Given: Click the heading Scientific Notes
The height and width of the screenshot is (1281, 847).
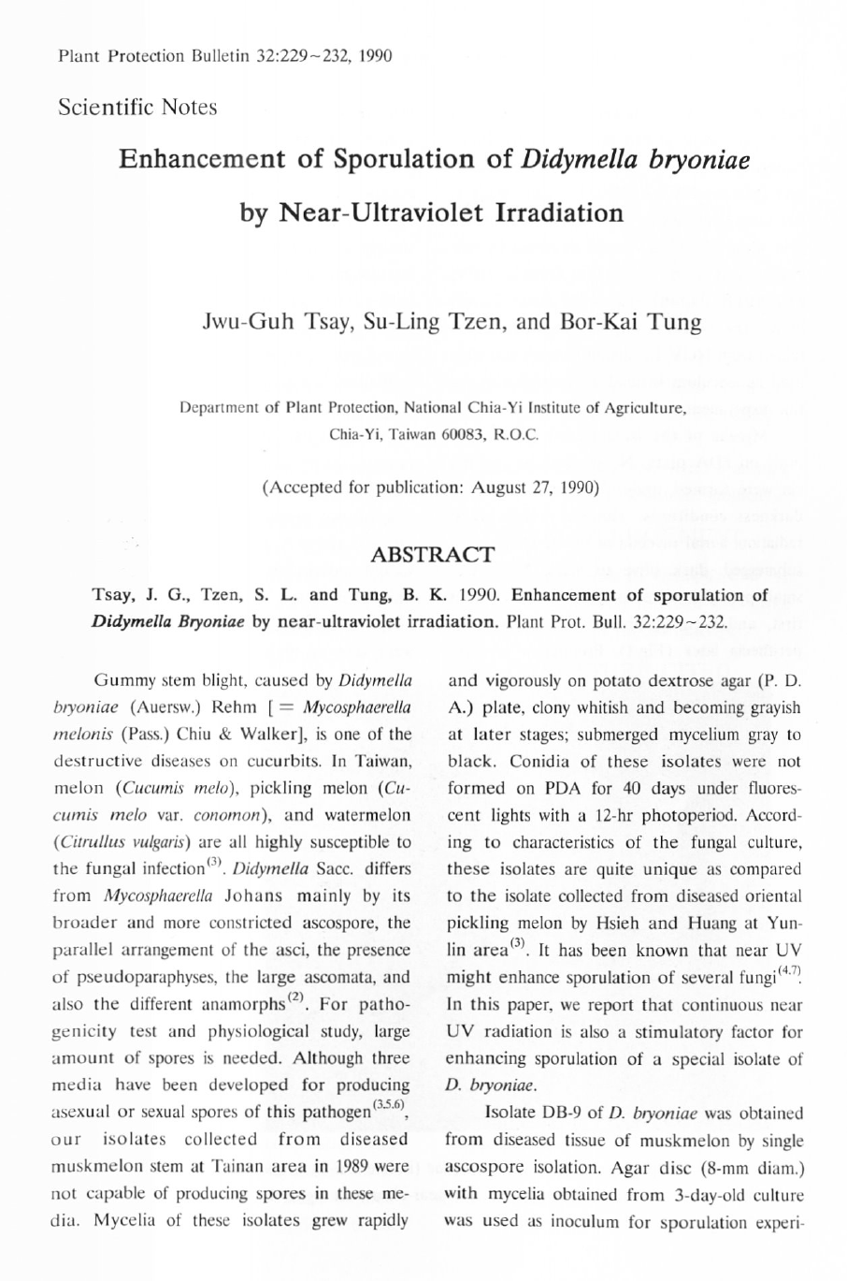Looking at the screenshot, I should tap(136, 107).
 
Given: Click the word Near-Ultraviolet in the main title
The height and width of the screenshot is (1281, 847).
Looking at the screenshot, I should tap(375, 212).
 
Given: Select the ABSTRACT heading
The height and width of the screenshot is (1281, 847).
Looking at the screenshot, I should tap(433, 555).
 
